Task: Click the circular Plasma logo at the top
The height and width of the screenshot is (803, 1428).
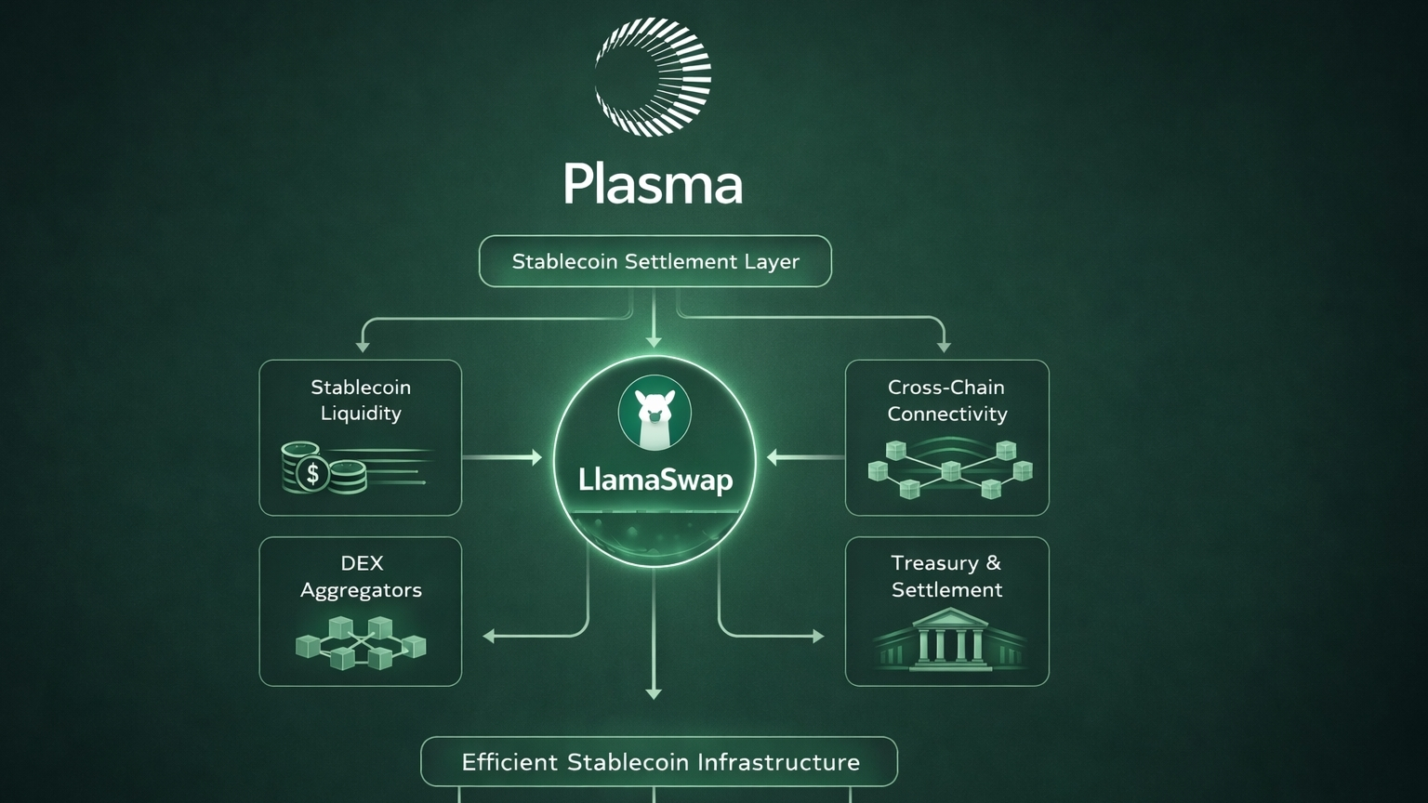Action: (x=653, y=77)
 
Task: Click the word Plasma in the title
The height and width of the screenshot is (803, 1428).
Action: (x=653, y=184)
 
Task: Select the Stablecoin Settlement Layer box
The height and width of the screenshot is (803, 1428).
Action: (x=654, y=261)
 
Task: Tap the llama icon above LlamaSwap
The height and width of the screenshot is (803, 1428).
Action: (x=654, y=412)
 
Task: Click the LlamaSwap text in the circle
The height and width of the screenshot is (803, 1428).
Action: (x=654, y=480)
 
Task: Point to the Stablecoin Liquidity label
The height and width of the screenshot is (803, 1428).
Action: (x=361, y=400)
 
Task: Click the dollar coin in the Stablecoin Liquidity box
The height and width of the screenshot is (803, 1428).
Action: (x=313, y=473)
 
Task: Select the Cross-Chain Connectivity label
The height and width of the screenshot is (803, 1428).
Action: (x=946, y=400)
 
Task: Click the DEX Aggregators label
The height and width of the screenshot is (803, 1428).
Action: (x=361, y=576)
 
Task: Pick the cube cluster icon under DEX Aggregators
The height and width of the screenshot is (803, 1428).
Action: (x=361, y=642)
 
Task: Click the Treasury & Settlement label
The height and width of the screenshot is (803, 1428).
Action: (x=946, y=576)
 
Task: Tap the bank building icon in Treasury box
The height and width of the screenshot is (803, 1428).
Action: (x=948, y=638)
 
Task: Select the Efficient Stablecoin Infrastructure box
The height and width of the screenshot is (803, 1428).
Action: (x=659, y=762)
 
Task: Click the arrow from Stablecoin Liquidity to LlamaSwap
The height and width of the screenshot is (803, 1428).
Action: (x=502, y=457)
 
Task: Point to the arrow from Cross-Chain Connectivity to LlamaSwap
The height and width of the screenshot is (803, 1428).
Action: (x=805, y=457)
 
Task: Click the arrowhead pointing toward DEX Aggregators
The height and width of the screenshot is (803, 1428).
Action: (x=489, y=637)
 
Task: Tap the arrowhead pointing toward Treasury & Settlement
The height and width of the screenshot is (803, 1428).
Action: (x=818, y=637)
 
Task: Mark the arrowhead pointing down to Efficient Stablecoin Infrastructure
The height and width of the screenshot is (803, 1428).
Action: (x=654, y=693)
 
